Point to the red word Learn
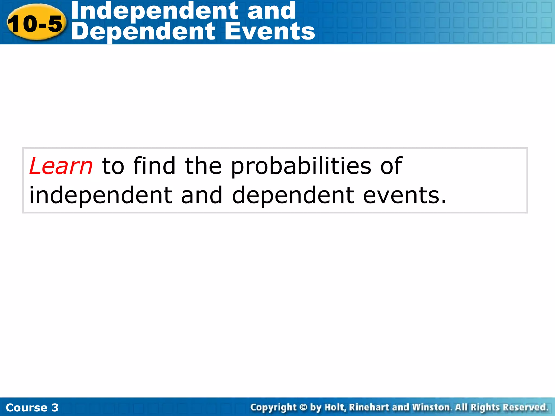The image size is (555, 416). (61, 166)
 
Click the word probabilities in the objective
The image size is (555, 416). (301, 166)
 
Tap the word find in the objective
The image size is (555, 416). (154, 166)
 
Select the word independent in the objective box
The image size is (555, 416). (100, 196)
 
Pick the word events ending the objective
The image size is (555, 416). (404, 196)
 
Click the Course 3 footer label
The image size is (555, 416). (32, 407)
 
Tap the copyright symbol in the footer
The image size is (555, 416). (304, 407)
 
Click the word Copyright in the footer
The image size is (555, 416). (273, 407)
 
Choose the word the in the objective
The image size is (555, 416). (203, 166)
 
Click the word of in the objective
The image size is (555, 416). (391, 166)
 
